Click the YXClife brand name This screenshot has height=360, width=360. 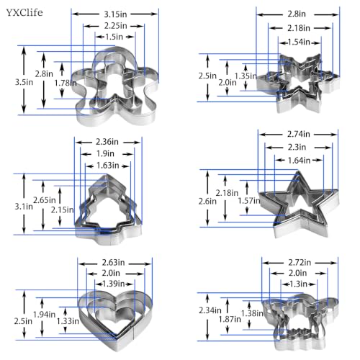coord(24,12)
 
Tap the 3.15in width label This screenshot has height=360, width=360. coord(115,14)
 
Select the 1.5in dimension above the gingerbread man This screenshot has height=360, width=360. coord(114,37)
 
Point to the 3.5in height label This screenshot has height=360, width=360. coord(24,82)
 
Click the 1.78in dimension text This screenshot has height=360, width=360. coord(66,83)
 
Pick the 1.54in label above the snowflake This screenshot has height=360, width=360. coord(299,42)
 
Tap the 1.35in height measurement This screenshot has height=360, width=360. coord(246,76)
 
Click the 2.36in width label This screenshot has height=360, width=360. coord(107,142)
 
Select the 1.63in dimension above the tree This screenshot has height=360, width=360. coord(108,166)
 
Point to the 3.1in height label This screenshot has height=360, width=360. coord(24,207)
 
